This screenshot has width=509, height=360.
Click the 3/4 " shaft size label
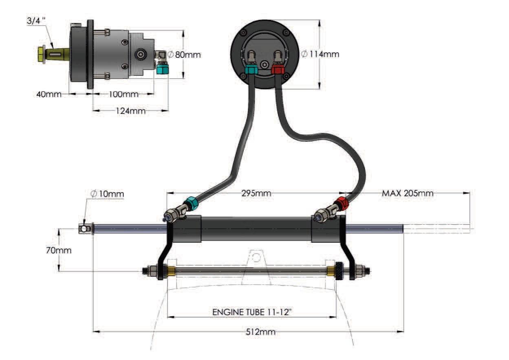36,21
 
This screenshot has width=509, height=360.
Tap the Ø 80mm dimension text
185,55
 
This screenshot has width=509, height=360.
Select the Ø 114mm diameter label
320,54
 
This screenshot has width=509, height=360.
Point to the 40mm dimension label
49,94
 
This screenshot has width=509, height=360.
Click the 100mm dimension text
123,94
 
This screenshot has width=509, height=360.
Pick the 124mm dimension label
131,111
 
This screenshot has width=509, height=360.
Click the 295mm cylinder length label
256,193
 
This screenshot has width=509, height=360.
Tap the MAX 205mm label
408,193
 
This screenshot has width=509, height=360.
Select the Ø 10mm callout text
107,194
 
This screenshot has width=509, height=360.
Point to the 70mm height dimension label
59,250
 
